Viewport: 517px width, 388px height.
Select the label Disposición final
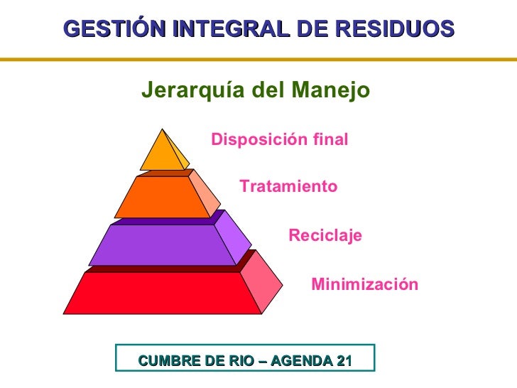pos(280,140)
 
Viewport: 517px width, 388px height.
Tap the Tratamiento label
pos(288,187)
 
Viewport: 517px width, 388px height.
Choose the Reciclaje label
pos(325,235)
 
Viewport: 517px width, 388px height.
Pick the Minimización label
pos(365,285)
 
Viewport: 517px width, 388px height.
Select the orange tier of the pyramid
pos(163,197)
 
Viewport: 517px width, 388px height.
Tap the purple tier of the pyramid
pos(163,244)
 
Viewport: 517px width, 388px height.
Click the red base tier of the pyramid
pos(163,293)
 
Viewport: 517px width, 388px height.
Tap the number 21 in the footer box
pos(344,361)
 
